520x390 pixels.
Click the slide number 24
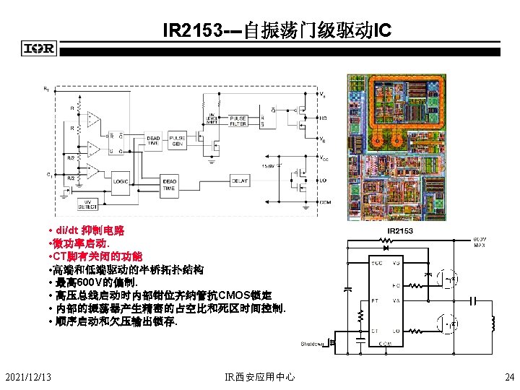pyautogui.click(x=509, y=376)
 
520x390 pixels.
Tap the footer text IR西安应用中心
pyautogui.click(x=260, y=376)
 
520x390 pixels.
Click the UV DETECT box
pyautogui.click(x=87, y=204)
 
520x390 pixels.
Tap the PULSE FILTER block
pyautogui.click(x=238, y=121)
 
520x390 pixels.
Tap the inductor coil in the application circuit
pyautogui.click(x=493, y=323)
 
